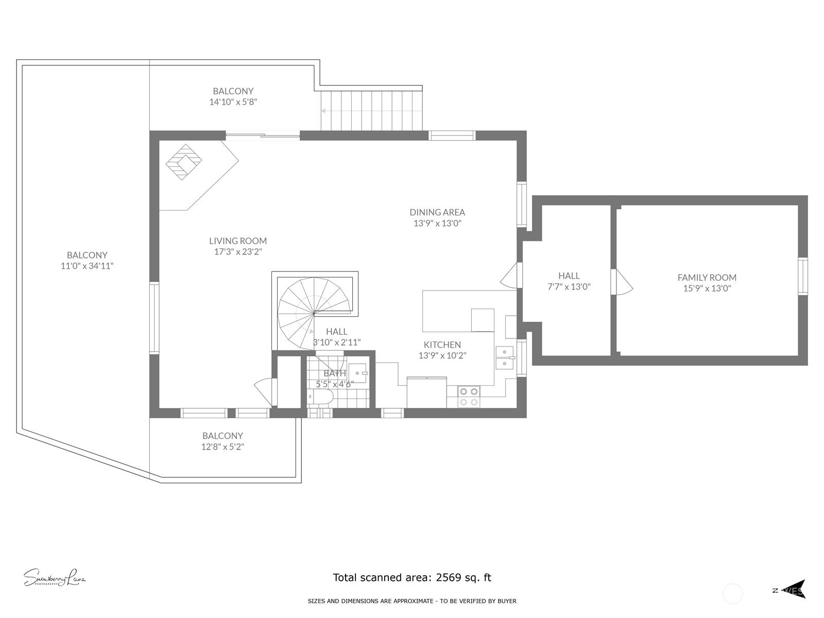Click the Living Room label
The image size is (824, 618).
pyautogui.click(x=238, y=241)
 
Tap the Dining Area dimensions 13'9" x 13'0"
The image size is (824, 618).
pyautogui.click(x=437, y=224)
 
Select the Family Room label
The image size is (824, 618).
pyautogui.click(x=707, y=277)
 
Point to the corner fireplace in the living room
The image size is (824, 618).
pyautogui.click(x=184, y=162)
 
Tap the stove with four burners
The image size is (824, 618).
pyautogui.click(x=469, y=397)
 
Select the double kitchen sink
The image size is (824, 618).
pyautogui.click(x=504, y=357)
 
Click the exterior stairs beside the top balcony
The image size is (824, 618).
pyautogui.click(x=371, y=111)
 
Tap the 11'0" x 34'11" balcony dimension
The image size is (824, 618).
pyautogui.click(x=87, y=266)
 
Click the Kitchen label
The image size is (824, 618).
pyautogui.click(x=442, y=345)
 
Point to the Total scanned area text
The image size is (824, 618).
pyautogui.click(x=412, y=577)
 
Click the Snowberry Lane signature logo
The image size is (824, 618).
pyautogui.click(x=54, y=578)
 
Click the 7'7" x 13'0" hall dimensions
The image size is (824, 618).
pyautogui.click(x=569, y=287)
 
